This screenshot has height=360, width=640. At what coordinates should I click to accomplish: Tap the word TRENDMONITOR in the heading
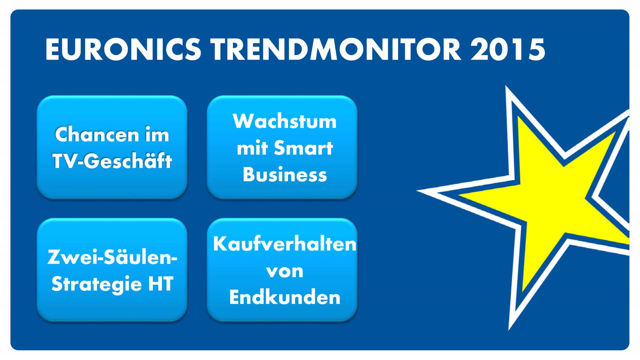336,49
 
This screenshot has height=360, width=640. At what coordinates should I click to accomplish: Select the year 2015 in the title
508,49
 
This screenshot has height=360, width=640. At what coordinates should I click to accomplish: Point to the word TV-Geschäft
112,161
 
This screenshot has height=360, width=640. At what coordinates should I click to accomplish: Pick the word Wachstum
285,121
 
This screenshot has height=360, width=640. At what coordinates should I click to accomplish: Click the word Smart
303,148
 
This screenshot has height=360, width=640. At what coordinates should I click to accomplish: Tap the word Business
285,174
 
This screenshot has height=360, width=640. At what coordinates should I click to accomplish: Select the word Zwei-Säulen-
112,257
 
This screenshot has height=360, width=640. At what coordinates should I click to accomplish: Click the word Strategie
97,284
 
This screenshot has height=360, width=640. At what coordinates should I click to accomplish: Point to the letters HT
161,284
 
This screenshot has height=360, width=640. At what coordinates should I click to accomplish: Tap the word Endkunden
285,297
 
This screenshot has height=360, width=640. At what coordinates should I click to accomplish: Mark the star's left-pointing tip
417,191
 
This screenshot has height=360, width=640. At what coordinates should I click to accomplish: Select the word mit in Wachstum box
252,148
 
